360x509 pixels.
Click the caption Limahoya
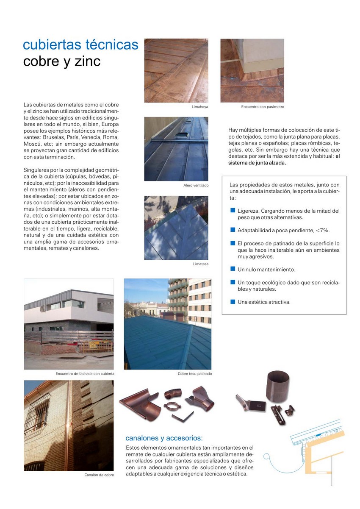point(200,107)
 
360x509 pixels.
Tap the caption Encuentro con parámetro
point(263,107)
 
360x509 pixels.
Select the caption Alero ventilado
point(196,186)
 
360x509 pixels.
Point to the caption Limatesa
point(200,264)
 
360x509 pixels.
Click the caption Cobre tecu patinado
point(195,374)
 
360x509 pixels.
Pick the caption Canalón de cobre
point(100,475)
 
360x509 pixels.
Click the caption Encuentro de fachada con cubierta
point(85,374)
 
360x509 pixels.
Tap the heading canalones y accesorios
point(164,438)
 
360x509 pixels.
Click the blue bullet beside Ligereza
point(233,210)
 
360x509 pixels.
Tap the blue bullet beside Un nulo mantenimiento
point(233,269)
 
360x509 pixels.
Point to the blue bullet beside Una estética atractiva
point(233,302)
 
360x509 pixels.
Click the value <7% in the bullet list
point(322,230)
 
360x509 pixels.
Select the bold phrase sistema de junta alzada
point(257,163)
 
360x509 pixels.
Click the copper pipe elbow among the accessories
point(173,394)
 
